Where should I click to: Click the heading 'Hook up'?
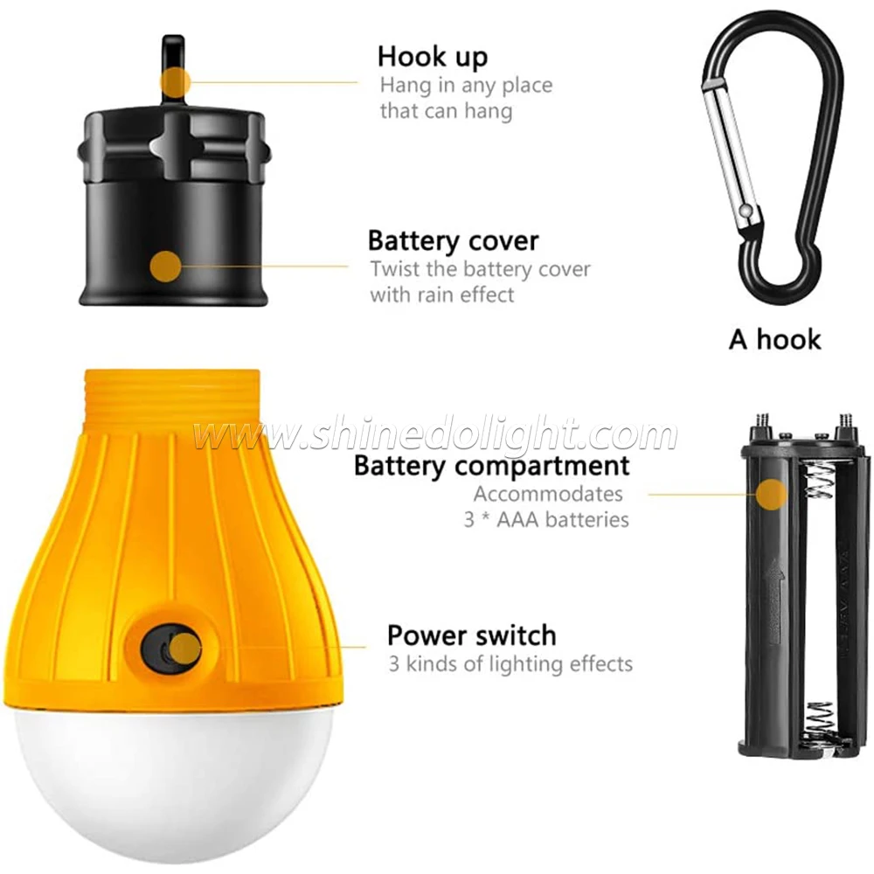[433, 57]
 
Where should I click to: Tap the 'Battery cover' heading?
[453, 240]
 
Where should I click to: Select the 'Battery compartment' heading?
[491, 466]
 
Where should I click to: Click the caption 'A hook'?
[775, 339]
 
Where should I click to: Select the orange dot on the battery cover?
[165, 266]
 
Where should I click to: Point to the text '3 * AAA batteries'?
[546, 519]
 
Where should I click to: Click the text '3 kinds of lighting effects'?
[510, 663]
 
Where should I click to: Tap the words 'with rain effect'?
[441, 295]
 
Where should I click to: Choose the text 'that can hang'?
[446, 111]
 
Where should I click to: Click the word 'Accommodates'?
[548, 494]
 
